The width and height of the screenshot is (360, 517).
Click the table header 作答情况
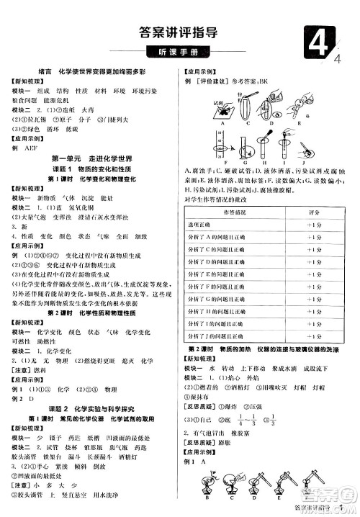click(234, 213)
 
